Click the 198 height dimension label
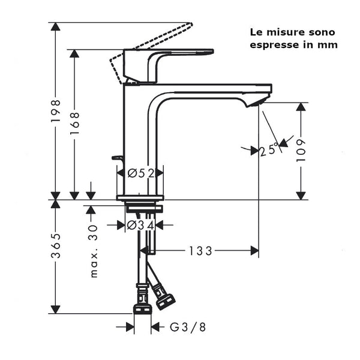click(x=55, y=111)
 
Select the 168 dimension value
click(x=74, y=124)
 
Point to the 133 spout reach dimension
click(x=200, y=251)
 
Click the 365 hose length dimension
click(x=55, y=246)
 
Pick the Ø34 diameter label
click(x=140, y=225)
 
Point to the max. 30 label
click(x=94, y=251)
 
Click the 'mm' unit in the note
click(x=329, y=45)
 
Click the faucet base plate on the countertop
click(x=140, y=197)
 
